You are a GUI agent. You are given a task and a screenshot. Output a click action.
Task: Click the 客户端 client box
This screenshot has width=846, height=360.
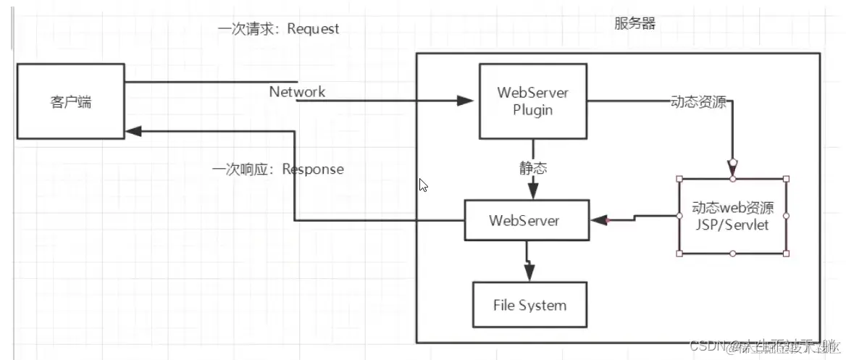[x=71, y=101]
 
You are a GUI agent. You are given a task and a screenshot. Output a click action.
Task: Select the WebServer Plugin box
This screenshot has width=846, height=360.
[x=532, y=101]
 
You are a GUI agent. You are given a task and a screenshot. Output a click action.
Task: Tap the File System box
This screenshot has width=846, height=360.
[x=529, y=305]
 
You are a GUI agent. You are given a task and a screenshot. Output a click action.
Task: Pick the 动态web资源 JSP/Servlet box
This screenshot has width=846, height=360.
[x=733, y=216]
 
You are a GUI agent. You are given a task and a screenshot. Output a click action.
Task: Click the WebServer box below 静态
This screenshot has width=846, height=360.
[x=524, y=220]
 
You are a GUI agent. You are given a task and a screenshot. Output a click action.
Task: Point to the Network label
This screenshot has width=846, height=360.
[x=297, y=92]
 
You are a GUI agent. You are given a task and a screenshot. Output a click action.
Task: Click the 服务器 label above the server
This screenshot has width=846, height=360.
[x=634, y=24]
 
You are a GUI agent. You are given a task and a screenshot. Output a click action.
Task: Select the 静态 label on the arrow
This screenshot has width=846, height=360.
[x=532, y=168]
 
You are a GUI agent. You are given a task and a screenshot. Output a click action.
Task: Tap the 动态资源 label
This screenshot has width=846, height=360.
[x=698, y=102]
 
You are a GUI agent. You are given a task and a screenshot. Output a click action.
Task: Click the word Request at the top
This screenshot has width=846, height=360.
[x=313, y=29]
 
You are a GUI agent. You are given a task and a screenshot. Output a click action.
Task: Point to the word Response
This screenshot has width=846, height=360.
[x=313, y=169]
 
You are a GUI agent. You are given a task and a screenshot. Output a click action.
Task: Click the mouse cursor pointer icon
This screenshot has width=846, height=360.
[x=424, y=185]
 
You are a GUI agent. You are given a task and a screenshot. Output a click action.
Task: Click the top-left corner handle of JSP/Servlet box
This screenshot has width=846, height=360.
[x=679, y=179]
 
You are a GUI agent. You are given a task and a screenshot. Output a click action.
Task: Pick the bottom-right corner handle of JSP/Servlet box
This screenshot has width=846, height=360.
[x=787, y=254]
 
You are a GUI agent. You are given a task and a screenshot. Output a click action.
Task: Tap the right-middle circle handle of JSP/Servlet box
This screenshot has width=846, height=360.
[x=787, y=216]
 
